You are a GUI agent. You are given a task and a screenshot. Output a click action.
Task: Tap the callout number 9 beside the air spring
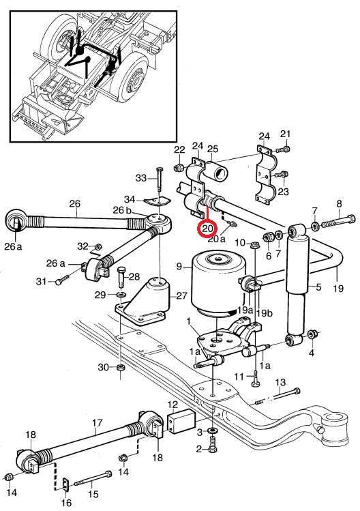pyautogui.click(x=179, y=267)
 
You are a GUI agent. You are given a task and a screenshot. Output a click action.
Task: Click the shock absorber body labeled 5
pyautogui.click(x=297, y=286)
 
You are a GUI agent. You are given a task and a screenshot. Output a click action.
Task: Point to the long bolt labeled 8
pyautogui.click(x=339, y=220)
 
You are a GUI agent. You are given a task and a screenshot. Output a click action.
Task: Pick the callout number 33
pyautogui.click(x=141, y=178)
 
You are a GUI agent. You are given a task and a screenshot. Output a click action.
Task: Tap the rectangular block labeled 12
pyautogui.click(x=181, y=422)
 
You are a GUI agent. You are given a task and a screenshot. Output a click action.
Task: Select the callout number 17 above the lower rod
pyautogui.click(x=97, y=423)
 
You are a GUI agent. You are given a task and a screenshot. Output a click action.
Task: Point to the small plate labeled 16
pyautogui.click(x=65, y=484)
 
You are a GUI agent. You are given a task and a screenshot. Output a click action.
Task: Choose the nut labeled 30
pyautogui.click(x=121, y=368)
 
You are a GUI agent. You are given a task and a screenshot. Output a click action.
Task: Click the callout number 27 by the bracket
pyautogui.click(x=181, y=295)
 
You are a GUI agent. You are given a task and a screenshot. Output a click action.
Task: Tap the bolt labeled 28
pyautogui.click(x=122, y=277)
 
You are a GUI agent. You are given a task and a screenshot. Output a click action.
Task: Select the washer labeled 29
pyautogui.click(x=122, y=295)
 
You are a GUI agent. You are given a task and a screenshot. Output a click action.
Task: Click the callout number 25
pyautogui.click(x=213, y=149)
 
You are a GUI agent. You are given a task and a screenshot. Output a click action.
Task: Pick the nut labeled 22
pyautogui.click(x=178, y=168)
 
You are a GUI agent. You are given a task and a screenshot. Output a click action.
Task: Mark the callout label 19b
pyautogui.click(x=264, y=313)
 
